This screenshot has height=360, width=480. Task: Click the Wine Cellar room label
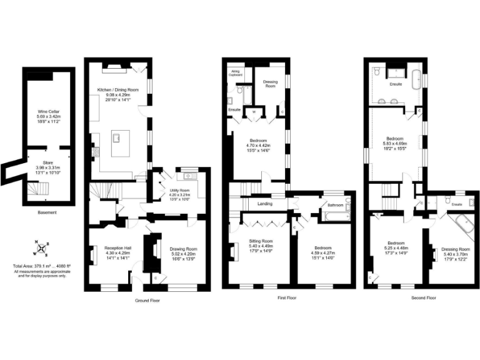coord(48,112)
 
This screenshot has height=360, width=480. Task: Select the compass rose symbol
coord(41,250)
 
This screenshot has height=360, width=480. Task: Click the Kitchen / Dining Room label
coord(118,90)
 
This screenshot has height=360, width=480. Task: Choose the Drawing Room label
coord(183,249)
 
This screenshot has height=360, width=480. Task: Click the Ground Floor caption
coord(147,301)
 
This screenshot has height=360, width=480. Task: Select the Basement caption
coord(47,212)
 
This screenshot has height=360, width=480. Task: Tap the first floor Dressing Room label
coord(271,82)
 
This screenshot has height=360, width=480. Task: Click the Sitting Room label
coord(261,241)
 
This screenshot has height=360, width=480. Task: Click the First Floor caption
coord(286,298)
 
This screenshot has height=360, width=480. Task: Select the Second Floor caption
coord(423,298)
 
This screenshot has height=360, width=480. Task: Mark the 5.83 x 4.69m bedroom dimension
coord(395,144)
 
